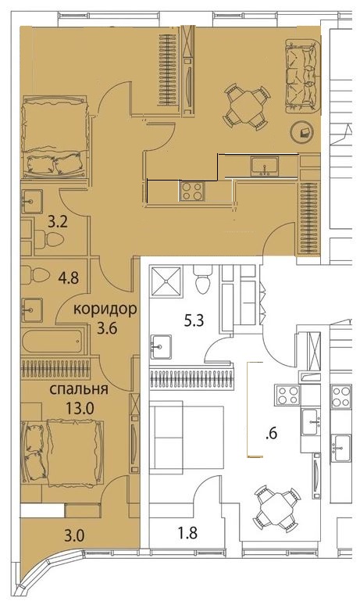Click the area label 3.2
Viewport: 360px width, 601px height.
[59, 222]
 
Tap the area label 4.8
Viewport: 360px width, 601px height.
[70, 277]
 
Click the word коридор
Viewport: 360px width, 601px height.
[105, 309]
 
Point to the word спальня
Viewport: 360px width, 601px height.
[79, 389]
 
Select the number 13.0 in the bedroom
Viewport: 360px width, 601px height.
[80, 409]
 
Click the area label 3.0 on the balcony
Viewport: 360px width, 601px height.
[74, 536]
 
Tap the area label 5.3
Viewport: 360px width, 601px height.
[194, 320]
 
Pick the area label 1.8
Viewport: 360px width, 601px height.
[187, 533]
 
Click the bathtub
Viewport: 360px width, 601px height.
[53, 341]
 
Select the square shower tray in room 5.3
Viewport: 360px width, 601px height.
[166, 281]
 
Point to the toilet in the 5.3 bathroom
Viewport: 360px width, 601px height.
[203, 279]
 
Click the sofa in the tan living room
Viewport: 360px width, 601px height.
[302, 76]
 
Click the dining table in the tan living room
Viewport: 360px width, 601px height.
[245, 106]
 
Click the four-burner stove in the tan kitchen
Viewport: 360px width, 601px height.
[191, 191]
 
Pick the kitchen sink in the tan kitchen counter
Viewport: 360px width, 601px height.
[266, 166]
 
